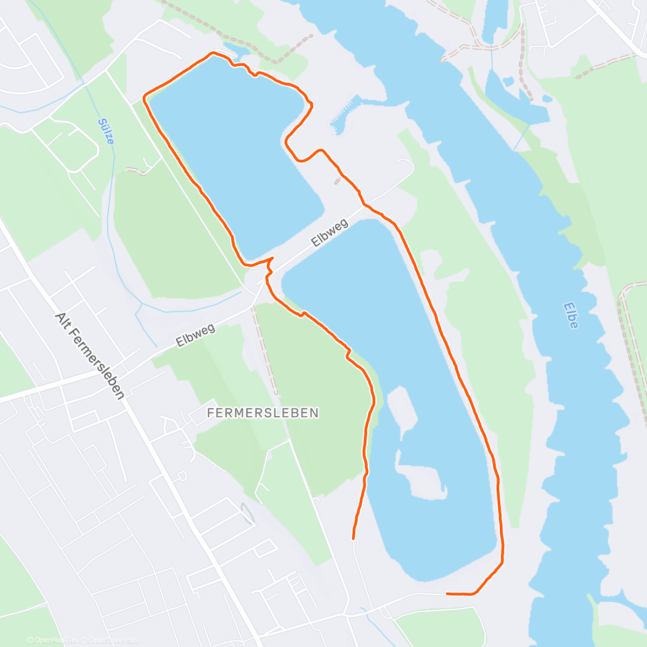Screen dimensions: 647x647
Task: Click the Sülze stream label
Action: tap(107, 131)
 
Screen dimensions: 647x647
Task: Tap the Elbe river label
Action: tap(571, 315)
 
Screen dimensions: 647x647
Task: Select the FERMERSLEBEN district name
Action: tap(263, 413)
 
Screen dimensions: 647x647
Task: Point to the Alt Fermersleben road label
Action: tap(90, 356)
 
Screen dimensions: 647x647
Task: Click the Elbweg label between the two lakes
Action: tap(331, 232)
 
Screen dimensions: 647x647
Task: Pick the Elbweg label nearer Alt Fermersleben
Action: tap(195, 335)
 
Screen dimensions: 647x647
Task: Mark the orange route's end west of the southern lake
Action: tap(353, 538)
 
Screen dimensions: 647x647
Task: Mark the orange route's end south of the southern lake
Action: tap(448, 594)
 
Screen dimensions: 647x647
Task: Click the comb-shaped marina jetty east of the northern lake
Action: tap(344, 113)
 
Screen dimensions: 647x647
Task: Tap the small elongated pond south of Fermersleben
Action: tap(247, 513)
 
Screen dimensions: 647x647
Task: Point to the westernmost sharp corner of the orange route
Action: tap(144, 97)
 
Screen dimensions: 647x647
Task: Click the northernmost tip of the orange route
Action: tap(214, 52)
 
